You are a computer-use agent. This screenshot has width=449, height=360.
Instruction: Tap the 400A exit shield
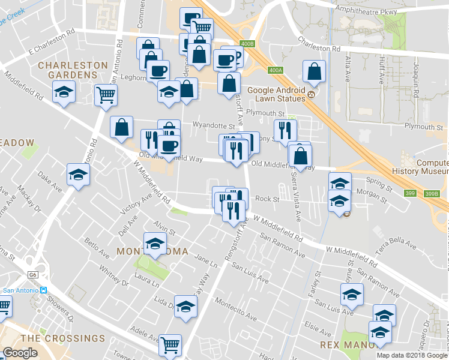pyautogui.click(x=276, y=70)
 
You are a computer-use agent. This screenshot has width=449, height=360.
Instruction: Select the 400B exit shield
pyautogui.click(x=246, y=44)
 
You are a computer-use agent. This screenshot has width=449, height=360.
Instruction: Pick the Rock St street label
pyautogui.click(x=267, y=199)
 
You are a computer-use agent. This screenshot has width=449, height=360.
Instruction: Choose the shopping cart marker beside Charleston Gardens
pyautogui.click(x=106, y=94)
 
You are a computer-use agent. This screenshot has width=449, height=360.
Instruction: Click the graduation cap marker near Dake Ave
pyautogui.click(x=78, y=174)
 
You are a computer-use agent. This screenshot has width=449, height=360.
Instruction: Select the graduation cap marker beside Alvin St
pyautogui.click(x=155, y=244)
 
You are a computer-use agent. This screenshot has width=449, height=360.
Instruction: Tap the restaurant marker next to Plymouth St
pyautogui.click(x=284, y=130)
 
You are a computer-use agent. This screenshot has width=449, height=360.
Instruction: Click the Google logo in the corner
pyautogui.click(x=20, y=353)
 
